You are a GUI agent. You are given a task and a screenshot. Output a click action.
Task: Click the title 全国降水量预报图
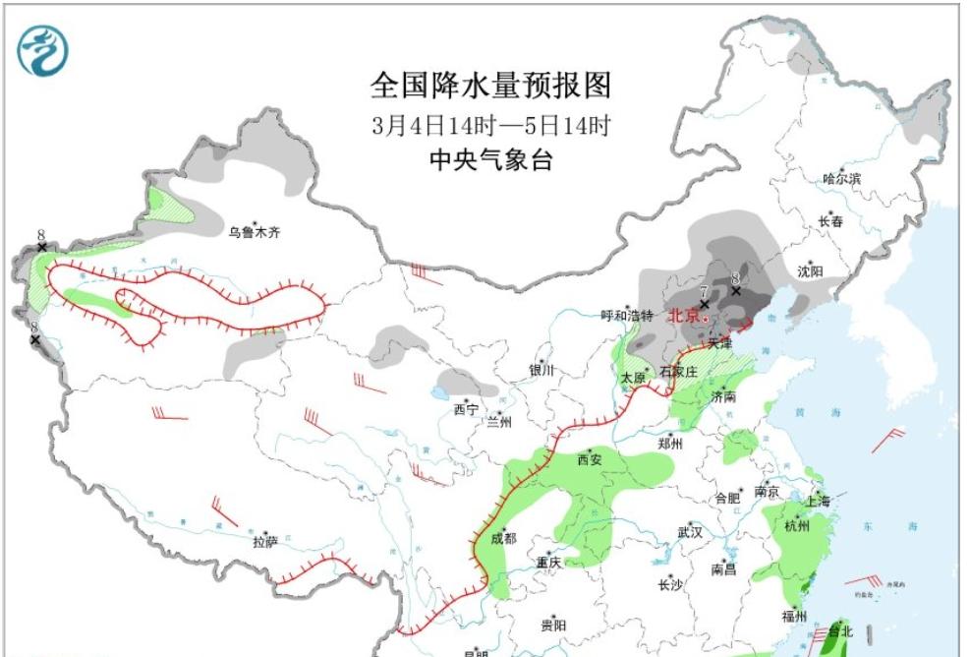[x=490, y=87]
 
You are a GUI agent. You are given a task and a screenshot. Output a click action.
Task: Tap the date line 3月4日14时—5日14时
[x=490, y=126]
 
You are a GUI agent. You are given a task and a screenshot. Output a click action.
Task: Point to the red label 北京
[x=684, y=316]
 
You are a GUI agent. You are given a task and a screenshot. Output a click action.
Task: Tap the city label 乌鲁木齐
[x=254, y=233]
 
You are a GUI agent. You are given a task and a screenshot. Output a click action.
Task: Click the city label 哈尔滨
[x=841, y=179]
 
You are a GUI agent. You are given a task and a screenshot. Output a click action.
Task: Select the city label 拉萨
[x=265, y=541]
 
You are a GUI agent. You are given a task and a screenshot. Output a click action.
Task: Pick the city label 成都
[x=502, y=538]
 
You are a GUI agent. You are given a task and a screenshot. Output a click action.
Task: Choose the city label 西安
[x=590, y=459]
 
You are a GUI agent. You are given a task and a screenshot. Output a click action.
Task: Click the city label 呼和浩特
[x=627, y=316]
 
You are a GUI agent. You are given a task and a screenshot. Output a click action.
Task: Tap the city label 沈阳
[x=811, y=270]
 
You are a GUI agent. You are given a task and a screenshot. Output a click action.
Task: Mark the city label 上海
[x=817, y=502]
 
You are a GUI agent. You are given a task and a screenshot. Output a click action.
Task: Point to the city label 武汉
[x=690, y=532]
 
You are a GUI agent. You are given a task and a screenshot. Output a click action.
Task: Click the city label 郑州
[x=670, y=444]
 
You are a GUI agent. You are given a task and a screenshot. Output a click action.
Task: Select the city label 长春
[x=830, y=222]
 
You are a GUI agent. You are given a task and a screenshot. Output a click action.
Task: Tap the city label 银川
[x=542, y=371]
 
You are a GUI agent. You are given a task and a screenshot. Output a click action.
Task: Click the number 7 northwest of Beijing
[x=704, y=291]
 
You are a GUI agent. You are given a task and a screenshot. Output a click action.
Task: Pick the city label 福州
[x=794, y=617]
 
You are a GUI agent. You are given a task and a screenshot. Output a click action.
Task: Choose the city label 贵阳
[x=553, y=625]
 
